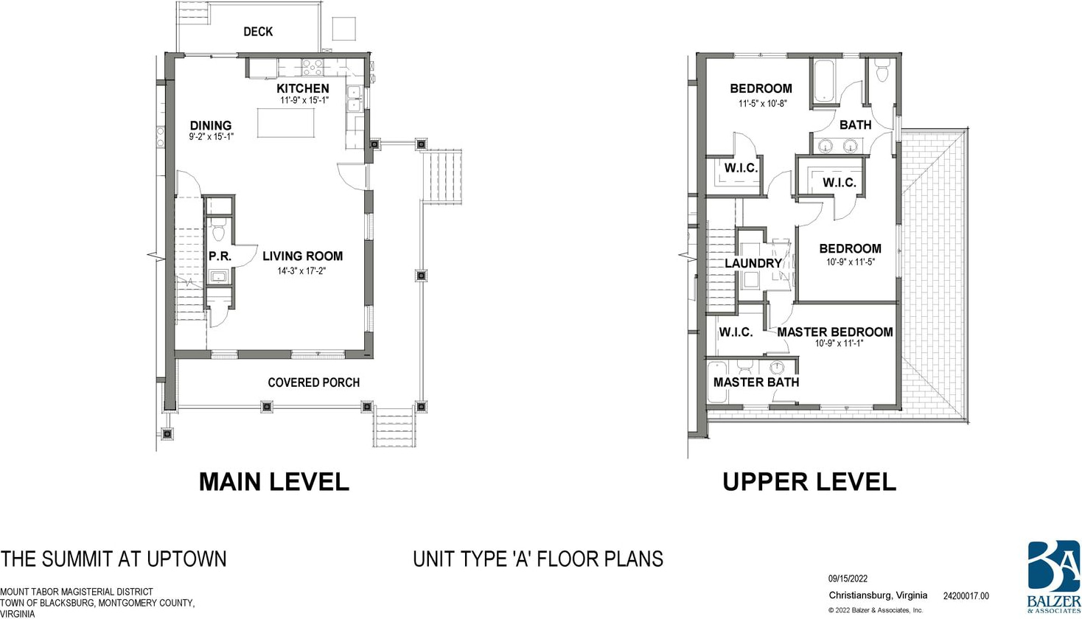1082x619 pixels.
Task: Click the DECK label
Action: (x=258, y=32)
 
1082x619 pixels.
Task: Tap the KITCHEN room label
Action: (x=303, y=88)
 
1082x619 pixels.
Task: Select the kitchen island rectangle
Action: (x=286, y=123)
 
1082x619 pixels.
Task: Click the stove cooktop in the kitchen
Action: (x=313, y=68)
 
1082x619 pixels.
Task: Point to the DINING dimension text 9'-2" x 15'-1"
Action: (x=211, y=136)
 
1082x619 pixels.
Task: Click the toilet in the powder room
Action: (x=219, y=230)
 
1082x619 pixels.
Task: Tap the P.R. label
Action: (x=220, y=256)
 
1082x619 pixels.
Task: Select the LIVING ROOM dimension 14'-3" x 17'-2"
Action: (x=301, y=271)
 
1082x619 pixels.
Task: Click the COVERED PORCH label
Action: (x=314, y=382)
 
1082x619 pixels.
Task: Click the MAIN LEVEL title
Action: (x=274, y=482)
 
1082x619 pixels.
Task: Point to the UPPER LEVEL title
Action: (x=809, y=482)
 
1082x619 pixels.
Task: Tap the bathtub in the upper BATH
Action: (x=824, y=80)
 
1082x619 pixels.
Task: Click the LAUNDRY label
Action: (x=753, y=263)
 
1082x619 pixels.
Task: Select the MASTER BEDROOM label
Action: (x=834, y=332)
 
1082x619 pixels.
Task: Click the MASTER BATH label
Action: (x=756, y=382)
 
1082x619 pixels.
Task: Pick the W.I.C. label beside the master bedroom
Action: (x=736, y=332)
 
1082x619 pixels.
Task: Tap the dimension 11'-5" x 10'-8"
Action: (x=763, y=103)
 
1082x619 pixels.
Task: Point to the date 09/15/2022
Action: (x=848, y=579)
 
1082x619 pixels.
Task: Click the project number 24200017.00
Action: (x=966, y=596)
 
